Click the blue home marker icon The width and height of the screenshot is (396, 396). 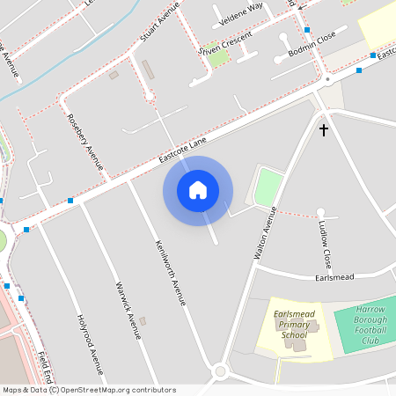[198, 190]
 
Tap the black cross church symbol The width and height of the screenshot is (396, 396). [323, 130]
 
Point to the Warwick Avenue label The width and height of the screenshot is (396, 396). [128, 310]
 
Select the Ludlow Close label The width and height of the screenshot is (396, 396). [325, 246]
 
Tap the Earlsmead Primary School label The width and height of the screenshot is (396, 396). [294, 323]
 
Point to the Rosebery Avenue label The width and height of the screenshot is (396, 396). [85, 141]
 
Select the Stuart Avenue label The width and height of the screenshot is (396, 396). [159, 22]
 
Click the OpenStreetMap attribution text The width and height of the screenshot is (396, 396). [88, 390]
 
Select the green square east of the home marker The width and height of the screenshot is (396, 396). [268, 187]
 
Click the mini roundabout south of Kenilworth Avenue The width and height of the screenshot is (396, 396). [220, 371]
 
